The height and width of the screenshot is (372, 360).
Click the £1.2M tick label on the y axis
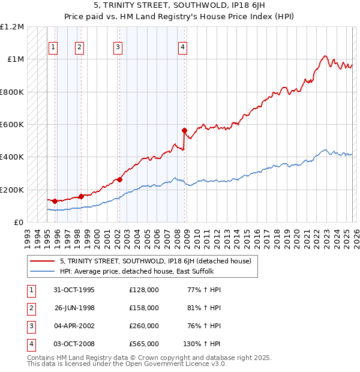point(12,27)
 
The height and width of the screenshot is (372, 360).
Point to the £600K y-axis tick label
point(12,125)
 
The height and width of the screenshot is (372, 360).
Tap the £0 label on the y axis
point(19,222)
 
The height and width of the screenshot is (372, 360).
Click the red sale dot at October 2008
point(184,130)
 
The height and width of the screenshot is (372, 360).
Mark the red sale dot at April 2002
point(119,179)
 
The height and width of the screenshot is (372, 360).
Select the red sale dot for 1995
point(55,201)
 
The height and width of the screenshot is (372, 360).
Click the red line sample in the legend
point(42,261)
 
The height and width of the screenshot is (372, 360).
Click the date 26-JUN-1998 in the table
point(74,308)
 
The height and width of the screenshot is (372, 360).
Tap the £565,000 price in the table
point(144,344)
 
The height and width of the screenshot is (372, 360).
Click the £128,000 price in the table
point(144,290)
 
